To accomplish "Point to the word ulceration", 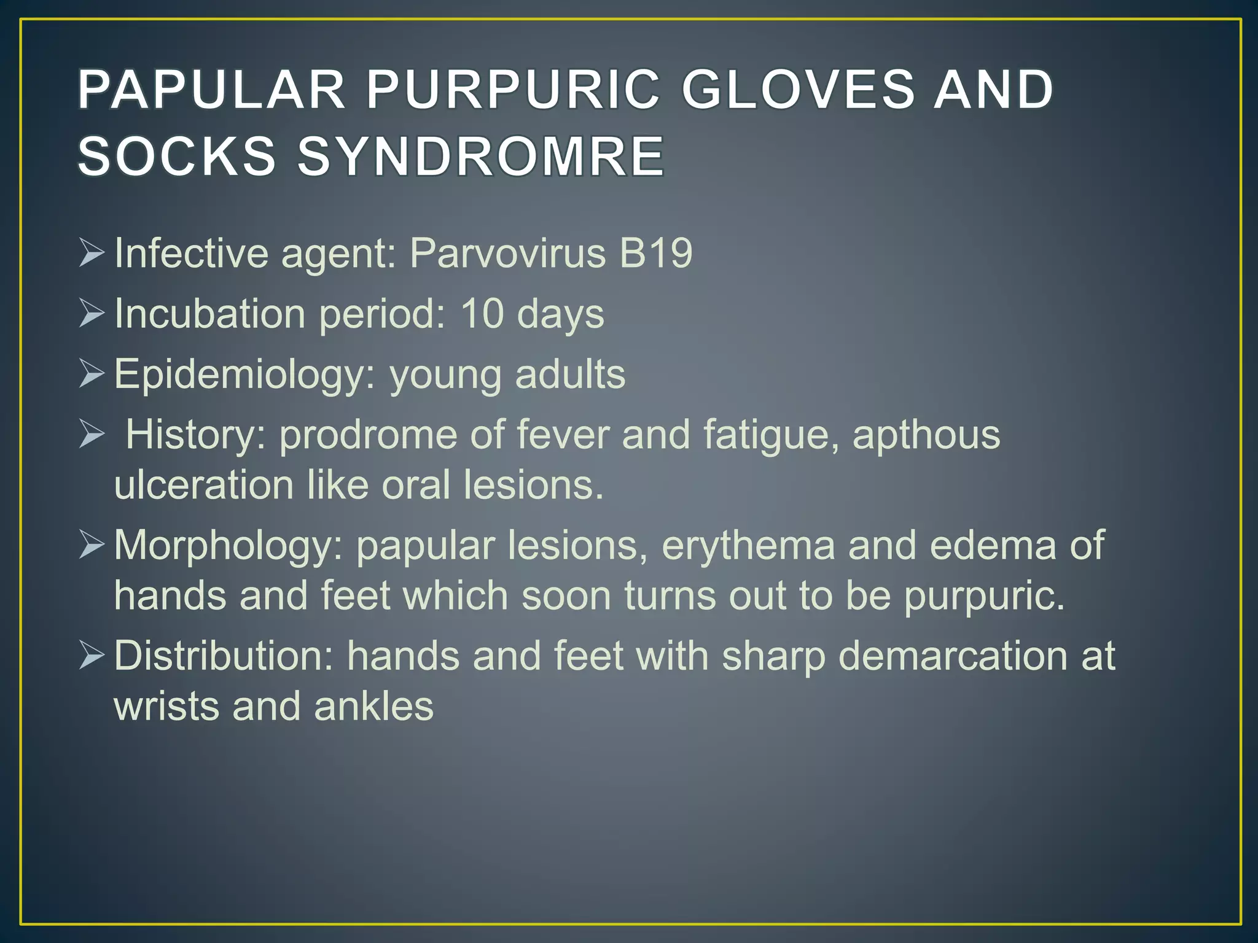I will (x=204, y=484).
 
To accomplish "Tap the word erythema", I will (x=748, y=545).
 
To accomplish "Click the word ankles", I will (x=373, y=705).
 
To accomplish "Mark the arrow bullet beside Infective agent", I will (x=92, y=254).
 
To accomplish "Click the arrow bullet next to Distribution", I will (x=92, y=656).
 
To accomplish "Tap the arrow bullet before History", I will (x=92, y=435).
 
